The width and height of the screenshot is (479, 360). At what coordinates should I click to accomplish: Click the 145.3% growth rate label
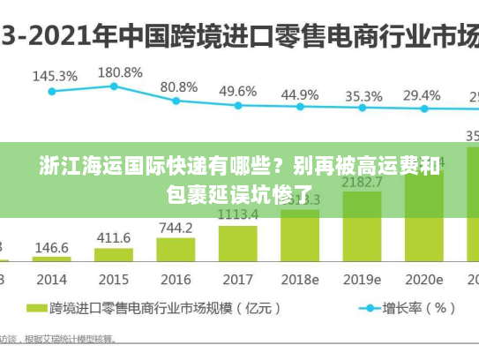point(54,76)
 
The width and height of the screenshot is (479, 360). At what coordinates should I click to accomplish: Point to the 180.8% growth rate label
point(120,71)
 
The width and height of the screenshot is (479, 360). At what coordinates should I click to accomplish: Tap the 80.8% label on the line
point(179,86)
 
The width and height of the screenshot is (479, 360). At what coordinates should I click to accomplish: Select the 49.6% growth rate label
point(237,91)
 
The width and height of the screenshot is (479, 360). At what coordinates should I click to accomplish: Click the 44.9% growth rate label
point(300,94)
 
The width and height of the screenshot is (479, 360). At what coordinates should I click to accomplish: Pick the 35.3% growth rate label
point(363,96)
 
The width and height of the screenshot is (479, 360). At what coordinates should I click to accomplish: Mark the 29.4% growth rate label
point(422,95)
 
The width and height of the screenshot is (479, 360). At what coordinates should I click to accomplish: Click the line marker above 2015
point(114,86)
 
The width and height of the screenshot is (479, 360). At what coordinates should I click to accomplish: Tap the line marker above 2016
point(176,101)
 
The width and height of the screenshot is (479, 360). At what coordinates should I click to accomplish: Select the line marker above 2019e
point(362,109)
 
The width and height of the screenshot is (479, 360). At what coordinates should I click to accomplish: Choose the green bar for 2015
point(114,255)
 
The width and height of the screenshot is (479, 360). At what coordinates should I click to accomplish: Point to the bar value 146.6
point(52,248)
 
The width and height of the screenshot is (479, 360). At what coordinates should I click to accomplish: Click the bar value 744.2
point(176,228)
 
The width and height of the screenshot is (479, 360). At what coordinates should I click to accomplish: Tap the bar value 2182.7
point(362,183)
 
